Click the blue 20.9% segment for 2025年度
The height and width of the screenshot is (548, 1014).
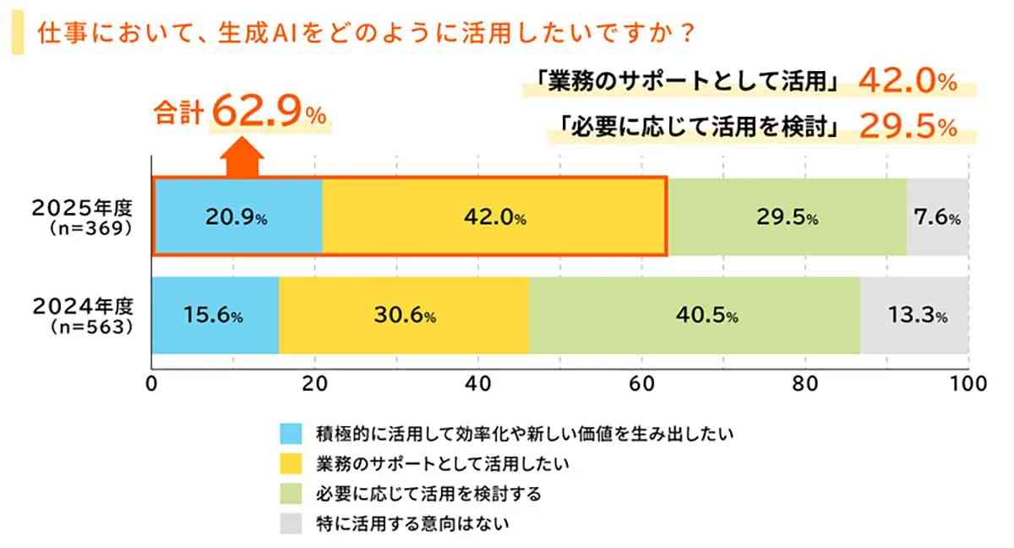pyautogui.click(x=237, y=216)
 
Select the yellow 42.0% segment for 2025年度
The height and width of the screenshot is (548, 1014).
pyautogui.click(x=494, y=216)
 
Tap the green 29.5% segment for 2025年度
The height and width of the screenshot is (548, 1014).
pyautogui.click(x=787, y=216)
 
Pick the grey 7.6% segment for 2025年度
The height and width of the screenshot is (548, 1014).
pyautogui.click(x=937, y=216)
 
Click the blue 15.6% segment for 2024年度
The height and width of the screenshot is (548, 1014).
pyautogui.click(x=215, y=316)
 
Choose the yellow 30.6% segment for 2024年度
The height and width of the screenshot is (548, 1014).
pyautogui.click(x=404, y=316)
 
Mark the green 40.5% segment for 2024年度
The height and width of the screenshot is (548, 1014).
pyautogui.click(x=695, y=316)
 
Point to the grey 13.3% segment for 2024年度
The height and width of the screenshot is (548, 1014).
pyautogui.click(x=914, y=316)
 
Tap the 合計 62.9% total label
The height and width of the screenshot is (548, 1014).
pyautogui.click(x=241, y=112)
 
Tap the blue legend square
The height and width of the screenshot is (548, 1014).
pyautogui.click(x=291, y=434)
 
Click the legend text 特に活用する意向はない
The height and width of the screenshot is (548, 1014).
pyautogui.click(x=413, y=523)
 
